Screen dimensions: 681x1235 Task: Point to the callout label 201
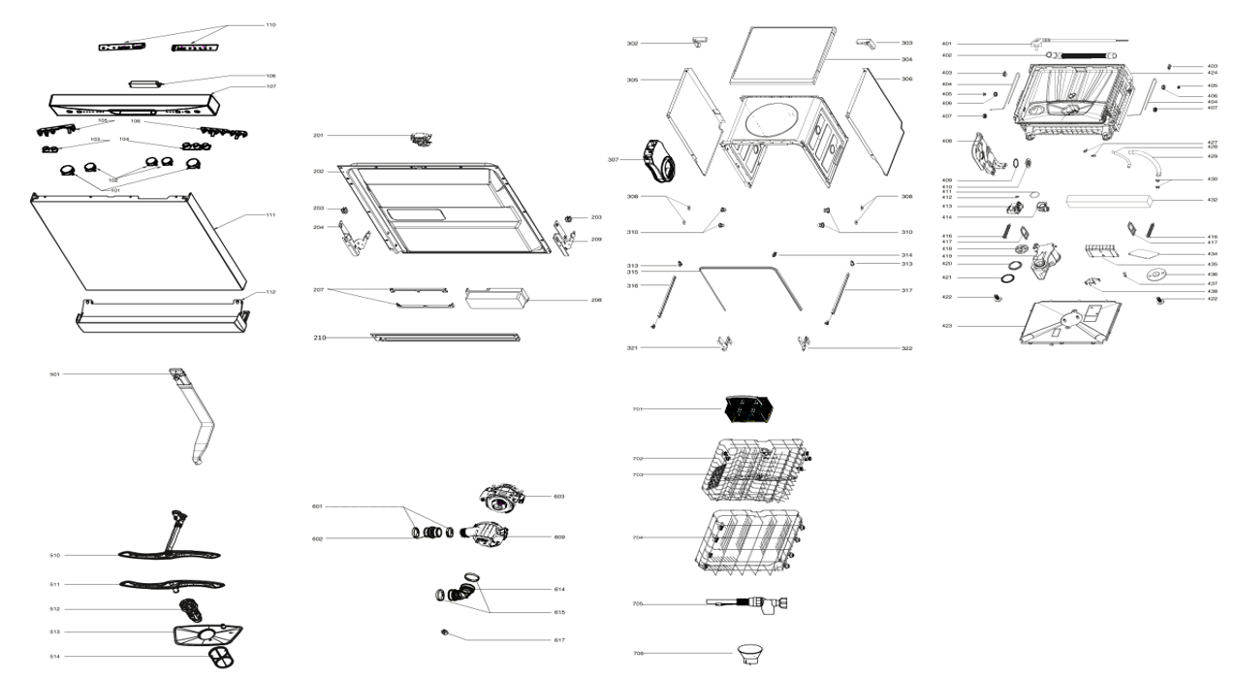pyautogui.click(x=318, y=135)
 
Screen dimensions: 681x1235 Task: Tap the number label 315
pyautogui.click(x=632, y=273)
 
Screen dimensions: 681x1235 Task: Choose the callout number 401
pyautogui.click(x=946, y=44)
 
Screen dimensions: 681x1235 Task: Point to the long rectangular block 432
pyautogui.click(x=1106, y=202)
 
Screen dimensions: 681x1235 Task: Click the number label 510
pyautogui.click(x=55, y=556)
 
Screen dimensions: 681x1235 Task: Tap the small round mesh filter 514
pyautogui.click(x=222, y=660)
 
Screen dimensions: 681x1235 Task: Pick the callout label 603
pyautogui.click(x=559, y=496)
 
